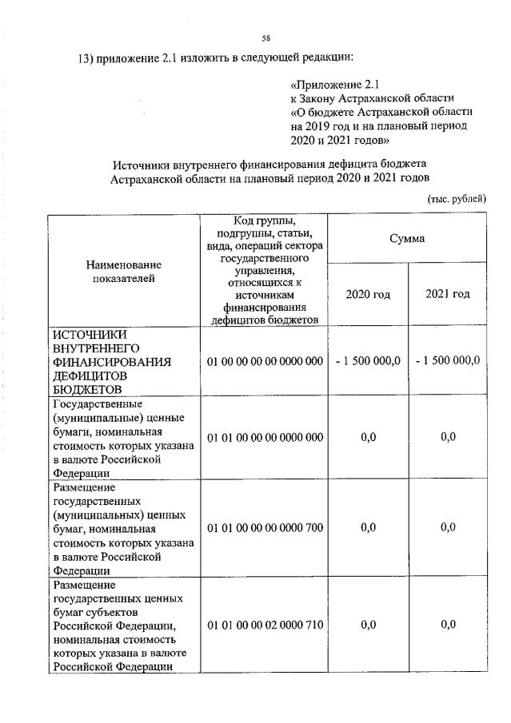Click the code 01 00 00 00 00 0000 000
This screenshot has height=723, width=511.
265,361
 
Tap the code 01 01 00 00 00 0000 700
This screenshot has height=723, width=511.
265,527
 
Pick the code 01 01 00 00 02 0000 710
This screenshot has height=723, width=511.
265,625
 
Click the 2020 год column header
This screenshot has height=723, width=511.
368,294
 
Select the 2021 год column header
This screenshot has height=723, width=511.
448,294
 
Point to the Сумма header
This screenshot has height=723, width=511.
407,238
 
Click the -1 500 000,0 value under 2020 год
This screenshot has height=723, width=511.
368,361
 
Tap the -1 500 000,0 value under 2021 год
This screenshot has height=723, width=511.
448,361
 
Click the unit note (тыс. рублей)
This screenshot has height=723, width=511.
457,198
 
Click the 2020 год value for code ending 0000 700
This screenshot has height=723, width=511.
368,527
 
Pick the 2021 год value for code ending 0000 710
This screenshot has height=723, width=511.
448,625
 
